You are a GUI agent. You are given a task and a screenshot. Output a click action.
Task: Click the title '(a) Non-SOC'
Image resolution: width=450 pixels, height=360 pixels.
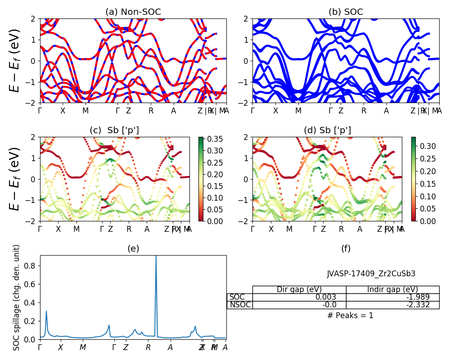pos(133,12)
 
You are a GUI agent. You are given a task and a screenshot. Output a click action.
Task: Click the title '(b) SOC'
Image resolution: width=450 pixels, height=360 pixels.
pos(346,12)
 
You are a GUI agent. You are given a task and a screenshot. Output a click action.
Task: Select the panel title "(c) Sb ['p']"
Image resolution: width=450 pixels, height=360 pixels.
pos(114,130)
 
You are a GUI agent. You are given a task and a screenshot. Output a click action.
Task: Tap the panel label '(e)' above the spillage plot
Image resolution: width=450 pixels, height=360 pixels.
pos(133,248)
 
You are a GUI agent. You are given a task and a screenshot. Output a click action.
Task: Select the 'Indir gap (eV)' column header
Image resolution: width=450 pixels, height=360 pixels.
pos(392,289)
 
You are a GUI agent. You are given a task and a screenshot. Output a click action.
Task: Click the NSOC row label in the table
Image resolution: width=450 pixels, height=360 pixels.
pos(240,305)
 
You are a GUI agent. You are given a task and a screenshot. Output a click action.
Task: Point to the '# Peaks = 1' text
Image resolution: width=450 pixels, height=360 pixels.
pos(350,315)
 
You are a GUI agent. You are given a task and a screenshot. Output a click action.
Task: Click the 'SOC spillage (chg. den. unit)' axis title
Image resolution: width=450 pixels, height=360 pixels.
pos(17,297)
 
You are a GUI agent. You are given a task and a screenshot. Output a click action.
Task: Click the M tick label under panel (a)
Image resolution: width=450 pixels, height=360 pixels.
pos(85,111)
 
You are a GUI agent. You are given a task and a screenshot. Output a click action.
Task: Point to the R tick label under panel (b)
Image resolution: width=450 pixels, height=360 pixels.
pos(363,111)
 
